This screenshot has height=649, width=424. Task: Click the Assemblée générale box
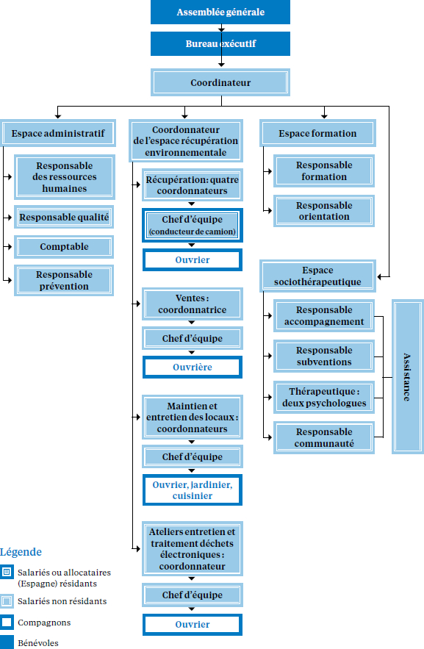tap(220, 12)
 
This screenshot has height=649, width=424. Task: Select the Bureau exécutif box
tap(220, 43)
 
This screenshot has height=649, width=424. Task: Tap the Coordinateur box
tap(220, 82)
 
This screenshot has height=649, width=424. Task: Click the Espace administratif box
tap(58, 133)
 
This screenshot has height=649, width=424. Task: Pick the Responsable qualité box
tap(64, 217)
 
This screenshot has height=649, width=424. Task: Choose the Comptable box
tap(64, 247)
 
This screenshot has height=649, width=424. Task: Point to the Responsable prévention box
tap(64, 280)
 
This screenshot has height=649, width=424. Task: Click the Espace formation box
tap(317, 133)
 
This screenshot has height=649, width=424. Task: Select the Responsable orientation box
tap(324, 211)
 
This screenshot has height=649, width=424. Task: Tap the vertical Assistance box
tap(407, 376)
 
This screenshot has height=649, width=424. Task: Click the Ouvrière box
tap(193, 367)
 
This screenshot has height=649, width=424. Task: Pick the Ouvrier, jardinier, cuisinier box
tap(193, 490)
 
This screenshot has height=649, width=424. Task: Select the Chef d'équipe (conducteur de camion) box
tap(193, 225)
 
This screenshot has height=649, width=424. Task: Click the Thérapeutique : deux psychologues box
tap(324, 398)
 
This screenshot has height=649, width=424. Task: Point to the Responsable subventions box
tap(324, 356)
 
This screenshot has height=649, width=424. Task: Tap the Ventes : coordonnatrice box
tap(193, 304)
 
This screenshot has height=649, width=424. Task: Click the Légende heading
tap(21, 552)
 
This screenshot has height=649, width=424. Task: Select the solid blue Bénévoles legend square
tap(7, 642)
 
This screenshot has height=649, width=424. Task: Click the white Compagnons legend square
tap(7, 622)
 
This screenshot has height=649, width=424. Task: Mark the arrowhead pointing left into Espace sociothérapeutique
tap(380, 276)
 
